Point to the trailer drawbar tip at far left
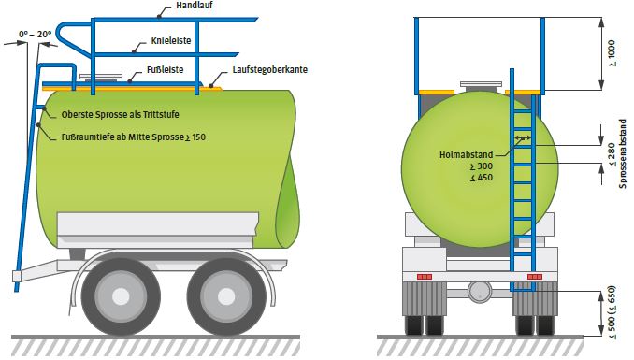(x=17, y=277)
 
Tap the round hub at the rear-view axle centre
(x=480, y=290)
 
